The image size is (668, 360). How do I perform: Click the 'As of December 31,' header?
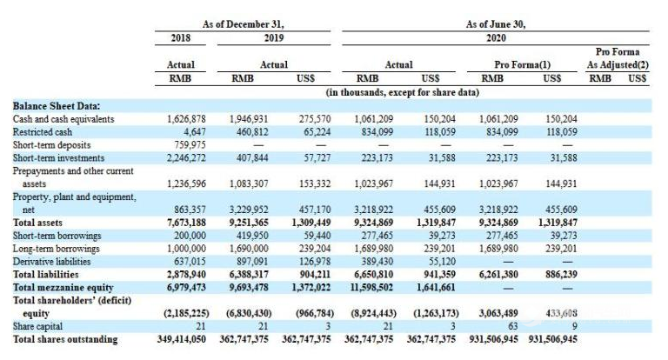(x=243, y=24)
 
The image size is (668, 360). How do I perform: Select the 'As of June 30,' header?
(x=496, y=24)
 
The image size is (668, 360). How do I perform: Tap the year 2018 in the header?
(x=181, y=38)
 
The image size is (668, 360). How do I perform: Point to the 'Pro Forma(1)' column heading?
(x=522, y=64)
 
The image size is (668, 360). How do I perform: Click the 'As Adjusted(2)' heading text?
(x=618, y=64)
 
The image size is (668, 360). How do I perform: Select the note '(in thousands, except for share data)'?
(x=402, y=92)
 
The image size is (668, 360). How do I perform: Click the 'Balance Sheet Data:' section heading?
(x=57, y=106)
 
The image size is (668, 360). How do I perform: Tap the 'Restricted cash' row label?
(x=42, y=132)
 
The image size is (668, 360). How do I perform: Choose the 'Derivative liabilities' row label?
(x=51, y=262)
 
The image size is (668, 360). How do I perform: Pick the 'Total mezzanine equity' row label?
(x=63, y=288)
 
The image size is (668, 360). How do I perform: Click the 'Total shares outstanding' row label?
(x=65, y=339)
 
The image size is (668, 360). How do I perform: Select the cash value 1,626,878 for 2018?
(x=186, y=119)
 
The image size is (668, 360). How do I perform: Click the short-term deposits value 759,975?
(x=190, y=145)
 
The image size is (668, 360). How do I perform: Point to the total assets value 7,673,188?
(x=186, y=223)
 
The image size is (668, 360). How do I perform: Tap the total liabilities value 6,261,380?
(x=498, y=275)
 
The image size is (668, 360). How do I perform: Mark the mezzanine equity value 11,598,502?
(x=373, y=288)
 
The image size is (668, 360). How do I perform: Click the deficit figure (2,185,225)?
(x=187, y=314)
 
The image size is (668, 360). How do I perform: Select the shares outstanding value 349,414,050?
(x=182, y=339)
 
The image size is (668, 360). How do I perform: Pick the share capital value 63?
(x=513, y=326)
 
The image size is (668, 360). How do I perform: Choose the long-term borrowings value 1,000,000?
(x=186, y=249)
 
